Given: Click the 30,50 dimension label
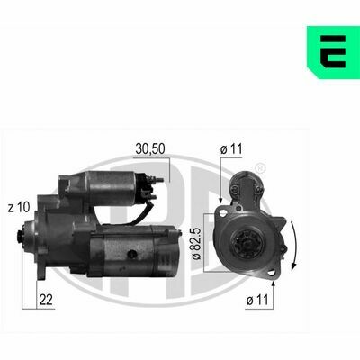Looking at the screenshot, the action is pos(150,149).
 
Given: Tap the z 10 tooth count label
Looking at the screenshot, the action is pos(19,207).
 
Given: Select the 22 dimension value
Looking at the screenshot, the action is pos(46,300).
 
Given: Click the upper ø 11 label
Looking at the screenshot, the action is pos(231,149).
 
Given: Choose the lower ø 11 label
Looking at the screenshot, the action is pos(257,300).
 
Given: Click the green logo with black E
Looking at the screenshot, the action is pos(333,52).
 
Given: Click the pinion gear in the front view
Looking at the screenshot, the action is pos(248,243).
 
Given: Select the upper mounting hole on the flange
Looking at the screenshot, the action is pos(223,213).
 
